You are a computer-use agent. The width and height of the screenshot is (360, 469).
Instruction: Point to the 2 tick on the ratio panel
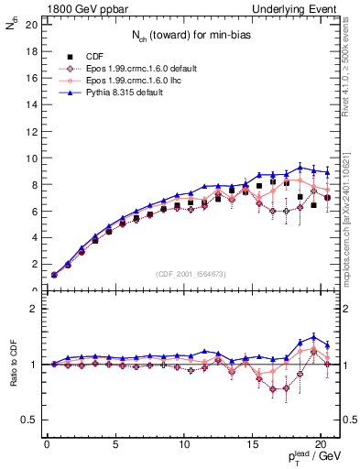[32, 309]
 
